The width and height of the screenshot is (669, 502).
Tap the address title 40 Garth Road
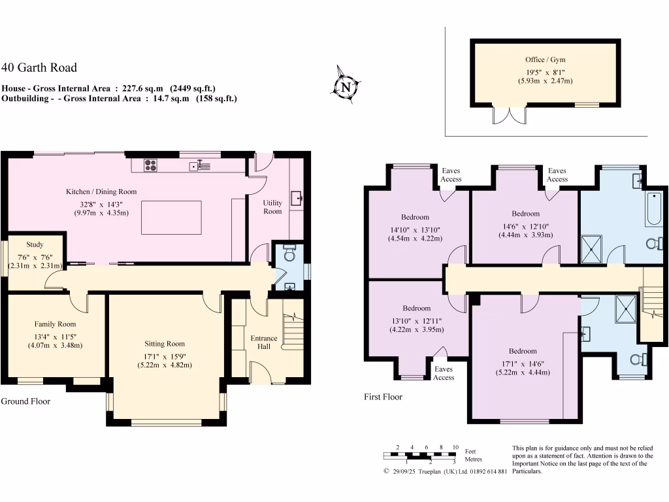39,67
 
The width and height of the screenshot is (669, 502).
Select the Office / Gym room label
544,59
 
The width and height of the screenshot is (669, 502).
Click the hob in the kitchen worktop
150,165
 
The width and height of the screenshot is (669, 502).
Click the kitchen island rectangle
171,217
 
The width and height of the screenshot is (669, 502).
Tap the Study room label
35,244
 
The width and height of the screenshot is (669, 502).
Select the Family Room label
55,324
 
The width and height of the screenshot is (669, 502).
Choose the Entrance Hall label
264,342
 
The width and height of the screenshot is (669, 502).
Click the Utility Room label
272,207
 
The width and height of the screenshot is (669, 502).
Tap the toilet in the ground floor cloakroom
290,249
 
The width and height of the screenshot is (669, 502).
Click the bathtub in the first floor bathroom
655,209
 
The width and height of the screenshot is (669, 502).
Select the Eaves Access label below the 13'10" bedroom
444,373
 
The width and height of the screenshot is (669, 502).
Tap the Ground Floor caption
25,401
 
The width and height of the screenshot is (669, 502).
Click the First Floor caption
383,397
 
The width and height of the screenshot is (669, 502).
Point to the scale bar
419,456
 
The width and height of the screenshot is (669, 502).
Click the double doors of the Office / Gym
510,115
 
